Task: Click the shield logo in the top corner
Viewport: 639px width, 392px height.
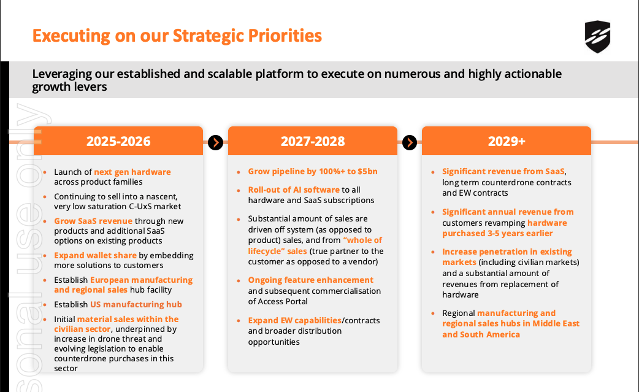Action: pyautogui.click(x=597, y=37)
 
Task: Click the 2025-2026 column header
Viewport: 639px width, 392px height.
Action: pyautogui.click(x=118, y=141)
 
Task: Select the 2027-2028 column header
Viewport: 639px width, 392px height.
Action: pyautogui.click(x=313, y=141)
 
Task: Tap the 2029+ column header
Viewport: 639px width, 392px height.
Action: pyautogui.click(x=507, y=141)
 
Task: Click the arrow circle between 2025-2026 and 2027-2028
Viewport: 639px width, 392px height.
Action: pyautogui.click(x=216, y=142)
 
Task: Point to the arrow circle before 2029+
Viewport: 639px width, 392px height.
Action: pyautogui.click(x=410, y=142)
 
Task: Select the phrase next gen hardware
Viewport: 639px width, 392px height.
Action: pyautogui.click(x=132, y=172)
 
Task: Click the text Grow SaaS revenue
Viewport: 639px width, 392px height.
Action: pyautogui.click(x=93, y=221)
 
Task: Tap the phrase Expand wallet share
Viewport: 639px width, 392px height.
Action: pyautogui.click(x=96, y=255)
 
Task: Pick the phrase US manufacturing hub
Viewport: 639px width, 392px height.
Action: pyautogui.click(x=136, y=304)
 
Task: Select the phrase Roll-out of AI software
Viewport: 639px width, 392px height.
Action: pyautogui.click(x=294, y=190)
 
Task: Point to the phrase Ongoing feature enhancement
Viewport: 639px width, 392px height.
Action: pyautogui.click(x=310, y=280)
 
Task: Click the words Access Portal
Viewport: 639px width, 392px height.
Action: pyautogui.click(x=283, y=302)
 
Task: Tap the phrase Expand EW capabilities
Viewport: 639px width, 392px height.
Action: pyautogui.click(x=294, y=320)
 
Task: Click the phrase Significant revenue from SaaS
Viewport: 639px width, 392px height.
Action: pyautogui.click(x=503, y=171)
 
